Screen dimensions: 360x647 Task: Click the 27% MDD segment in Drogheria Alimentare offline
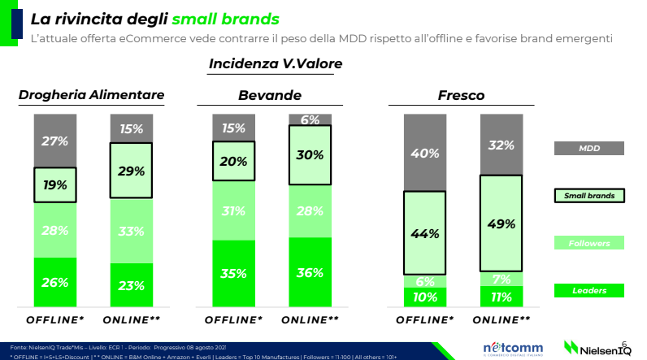55,141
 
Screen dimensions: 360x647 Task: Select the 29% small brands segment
132,171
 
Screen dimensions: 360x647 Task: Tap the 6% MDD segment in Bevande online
310,119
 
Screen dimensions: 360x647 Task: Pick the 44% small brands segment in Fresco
425,233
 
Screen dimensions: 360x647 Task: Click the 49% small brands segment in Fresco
502,223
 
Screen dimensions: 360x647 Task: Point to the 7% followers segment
502,279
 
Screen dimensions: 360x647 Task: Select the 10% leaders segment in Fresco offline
425,297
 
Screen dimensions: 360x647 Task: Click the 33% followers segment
132,231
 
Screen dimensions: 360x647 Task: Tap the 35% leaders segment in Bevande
234,273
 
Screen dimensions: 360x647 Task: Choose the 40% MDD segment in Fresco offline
425,153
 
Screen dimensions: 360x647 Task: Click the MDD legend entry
589,149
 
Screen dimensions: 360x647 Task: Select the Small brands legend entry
589,196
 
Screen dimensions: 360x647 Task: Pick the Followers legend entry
589,242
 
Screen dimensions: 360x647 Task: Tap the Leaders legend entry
589,289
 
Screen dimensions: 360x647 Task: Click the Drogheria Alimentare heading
92,96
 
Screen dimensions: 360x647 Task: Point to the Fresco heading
461,96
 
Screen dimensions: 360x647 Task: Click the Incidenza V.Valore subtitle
276,63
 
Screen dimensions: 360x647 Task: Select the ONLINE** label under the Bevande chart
310,319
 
